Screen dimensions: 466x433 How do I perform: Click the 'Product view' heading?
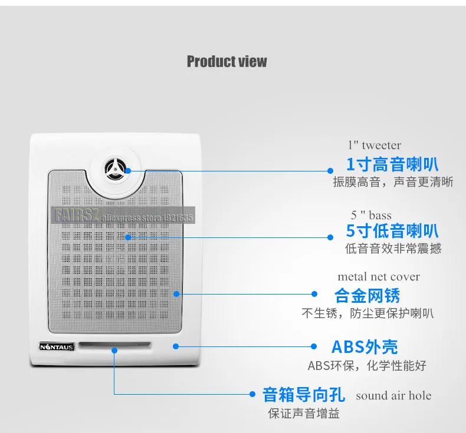point(227,61)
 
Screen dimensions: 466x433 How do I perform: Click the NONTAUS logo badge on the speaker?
point(57,346)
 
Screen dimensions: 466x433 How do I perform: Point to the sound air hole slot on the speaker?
point(114,345)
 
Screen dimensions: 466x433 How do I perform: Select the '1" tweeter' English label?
point(375,145)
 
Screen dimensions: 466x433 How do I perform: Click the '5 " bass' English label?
point(371,215)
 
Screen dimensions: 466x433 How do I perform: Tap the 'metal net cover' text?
point(379,277)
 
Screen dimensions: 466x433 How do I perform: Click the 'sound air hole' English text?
point(393,395)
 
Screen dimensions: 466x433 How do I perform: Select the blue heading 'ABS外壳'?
point(365,346)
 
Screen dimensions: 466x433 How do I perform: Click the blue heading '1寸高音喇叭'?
point(392,164)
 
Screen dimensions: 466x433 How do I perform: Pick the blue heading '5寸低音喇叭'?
point(392,231)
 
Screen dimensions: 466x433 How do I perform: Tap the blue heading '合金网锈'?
point(367,296)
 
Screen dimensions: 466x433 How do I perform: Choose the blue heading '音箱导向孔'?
point(303,395)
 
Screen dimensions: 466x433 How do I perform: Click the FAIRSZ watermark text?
point(76,215)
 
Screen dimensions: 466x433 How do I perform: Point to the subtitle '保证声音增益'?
point(304,414)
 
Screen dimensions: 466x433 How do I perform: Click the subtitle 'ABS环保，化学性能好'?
point(367,366)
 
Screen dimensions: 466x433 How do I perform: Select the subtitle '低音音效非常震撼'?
point(393,249)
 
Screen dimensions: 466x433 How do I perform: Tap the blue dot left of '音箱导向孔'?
point(252,394)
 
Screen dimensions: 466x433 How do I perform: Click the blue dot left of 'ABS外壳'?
point(314,346)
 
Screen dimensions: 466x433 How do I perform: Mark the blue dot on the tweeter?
point(128,171)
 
